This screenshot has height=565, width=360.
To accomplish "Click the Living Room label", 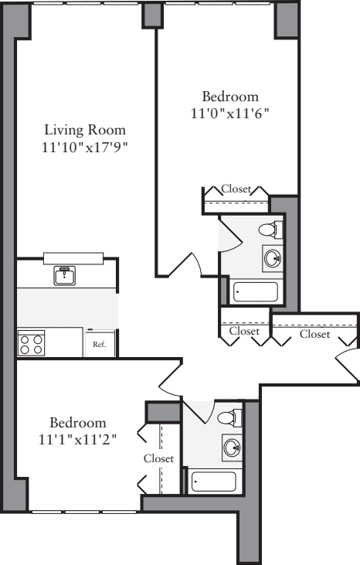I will [84, 129].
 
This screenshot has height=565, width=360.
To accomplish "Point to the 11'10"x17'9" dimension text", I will [84, 147].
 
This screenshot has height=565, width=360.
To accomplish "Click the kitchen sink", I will [64, 274].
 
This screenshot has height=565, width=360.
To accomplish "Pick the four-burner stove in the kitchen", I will [31, 343].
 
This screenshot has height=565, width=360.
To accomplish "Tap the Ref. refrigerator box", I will [100, 344].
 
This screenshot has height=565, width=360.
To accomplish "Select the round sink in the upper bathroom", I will [272, 258].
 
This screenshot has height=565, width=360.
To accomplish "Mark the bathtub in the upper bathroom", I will [256, 292].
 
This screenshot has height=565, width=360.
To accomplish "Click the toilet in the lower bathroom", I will [229, 418].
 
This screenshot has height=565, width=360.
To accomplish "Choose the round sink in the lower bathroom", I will [230, 447].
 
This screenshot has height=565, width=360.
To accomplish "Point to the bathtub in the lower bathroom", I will [213, 482].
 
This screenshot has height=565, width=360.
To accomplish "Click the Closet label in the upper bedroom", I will [236, 188].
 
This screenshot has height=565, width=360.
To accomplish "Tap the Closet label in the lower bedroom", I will [159, 458].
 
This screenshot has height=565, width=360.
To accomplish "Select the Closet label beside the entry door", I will [314, 334].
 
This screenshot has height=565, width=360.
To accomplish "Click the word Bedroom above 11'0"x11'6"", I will [229, 97].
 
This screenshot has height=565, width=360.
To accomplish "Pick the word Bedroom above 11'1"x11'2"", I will [77, 423].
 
